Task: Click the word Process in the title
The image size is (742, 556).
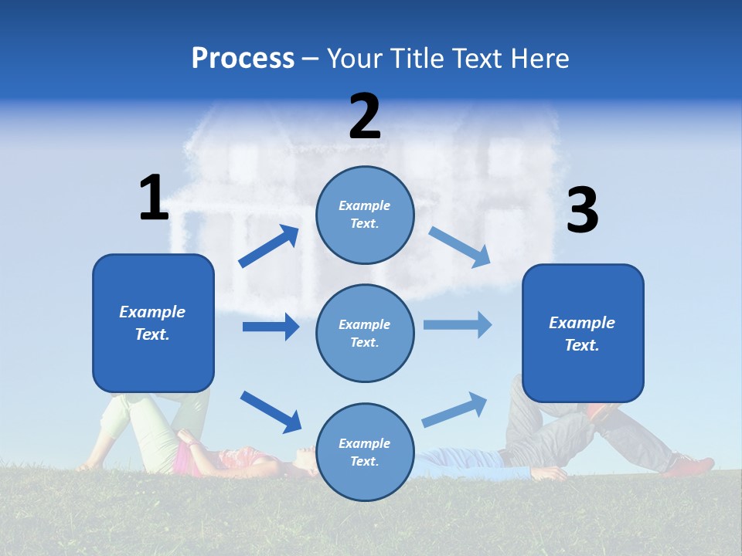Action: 243,59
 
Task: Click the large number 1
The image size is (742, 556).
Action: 154,198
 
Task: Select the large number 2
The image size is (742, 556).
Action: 365,117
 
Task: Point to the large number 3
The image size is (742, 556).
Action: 582,211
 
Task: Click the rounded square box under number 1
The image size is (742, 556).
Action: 153,323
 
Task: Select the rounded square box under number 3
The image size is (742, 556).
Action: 583,333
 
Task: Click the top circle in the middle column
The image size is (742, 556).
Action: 365,215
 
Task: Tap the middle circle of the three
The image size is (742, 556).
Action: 365,333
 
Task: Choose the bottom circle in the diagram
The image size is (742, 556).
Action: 365,452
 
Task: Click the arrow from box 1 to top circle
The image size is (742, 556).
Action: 269,246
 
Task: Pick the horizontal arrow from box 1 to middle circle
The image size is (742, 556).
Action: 271,327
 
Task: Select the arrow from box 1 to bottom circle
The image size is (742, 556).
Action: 271,411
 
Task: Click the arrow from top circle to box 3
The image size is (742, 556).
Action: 459,246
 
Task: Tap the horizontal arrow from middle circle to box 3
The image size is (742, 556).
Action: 458,324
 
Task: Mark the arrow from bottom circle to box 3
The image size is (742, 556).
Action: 455,409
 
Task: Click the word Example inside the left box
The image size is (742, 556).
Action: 152,312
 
